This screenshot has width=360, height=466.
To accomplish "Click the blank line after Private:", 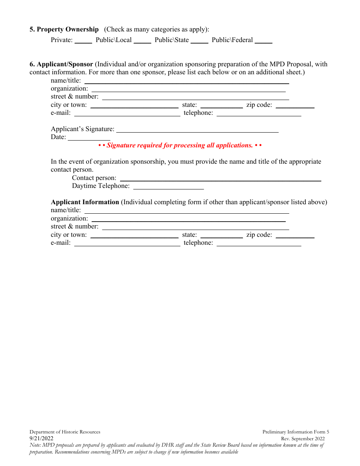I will (83, 41).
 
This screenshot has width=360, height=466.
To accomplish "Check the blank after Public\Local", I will (142, 41).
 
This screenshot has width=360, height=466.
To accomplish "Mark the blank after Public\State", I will (199, 41).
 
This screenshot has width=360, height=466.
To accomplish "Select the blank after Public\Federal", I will (263, 41).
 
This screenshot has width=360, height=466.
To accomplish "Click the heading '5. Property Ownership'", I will (64, 30).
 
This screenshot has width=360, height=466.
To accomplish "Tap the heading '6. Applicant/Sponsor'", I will (61, 64).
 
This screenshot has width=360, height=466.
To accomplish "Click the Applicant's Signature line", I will (197, 130).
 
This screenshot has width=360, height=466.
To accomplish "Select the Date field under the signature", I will (89, 138).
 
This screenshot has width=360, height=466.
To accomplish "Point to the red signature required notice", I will (180, 145).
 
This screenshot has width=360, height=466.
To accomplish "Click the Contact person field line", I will (221, 178).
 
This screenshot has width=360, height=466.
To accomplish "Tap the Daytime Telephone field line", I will (169, 186).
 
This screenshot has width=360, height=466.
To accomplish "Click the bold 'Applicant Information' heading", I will (85, 202).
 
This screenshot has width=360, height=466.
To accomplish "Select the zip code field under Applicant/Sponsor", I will (295, 105).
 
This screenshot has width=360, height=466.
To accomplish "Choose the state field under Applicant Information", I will (222, 235).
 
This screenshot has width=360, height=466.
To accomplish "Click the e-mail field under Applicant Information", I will (127, 243).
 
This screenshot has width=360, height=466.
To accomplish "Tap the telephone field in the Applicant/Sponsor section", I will (259, 113).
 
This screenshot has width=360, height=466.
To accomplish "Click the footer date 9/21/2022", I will (42, 439).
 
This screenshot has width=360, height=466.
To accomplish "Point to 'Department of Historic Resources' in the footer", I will (65, 432).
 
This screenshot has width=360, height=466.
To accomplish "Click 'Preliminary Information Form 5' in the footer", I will (296, 432).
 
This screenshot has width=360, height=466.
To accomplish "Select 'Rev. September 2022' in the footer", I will (303, 439).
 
